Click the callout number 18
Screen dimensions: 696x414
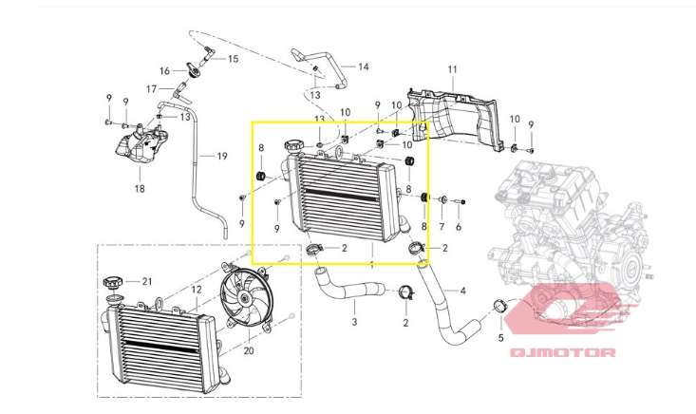tap(140, 189)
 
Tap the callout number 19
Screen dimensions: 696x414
tap(222, 156)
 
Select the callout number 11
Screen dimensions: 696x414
tap(452, 69)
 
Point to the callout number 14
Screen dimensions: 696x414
tap(364, 66)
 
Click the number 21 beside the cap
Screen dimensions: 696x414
tap(147, 281)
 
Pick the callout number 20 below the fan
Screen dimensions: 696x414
tap(249, 350)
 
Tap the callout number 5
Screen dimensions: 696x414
tap(500, 338)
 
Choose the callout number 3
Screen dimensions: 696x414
tap(354, 321)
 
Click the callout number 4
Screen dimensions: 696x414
tap(463, 292)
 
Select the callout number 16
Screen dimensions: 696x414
tap(164, 71)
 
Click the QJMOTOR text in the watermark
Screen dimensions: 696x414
tap(562, 353)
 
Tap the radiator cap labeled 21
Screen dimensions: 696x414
tap(111, 282)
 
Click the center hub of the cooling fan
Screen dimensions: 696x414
tap(245, 298)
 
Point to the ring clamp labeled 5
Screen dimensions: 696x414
tap(500, 307)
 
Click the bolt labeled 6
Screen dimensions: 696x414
tap(459, 202)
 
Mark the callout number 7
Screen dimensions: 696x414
tap(442, 227)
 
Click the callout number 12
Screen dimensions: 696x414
tap(197, 290)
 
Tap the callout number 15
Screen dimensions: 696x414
tap(233, 59)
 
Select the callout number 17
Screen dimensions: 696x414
tap(151, 89)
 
